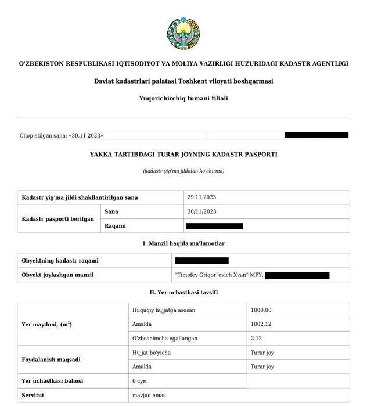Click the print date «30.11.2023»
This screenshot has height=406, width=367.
coord(86,135)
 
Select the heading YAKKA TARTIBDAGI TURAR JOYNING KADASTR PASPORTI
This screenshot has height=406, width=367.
coord(183,155)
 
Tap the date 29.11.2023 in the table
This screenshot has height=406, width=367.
coord(202,197)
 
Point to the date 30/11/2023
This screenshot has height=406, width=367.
coord(202,211)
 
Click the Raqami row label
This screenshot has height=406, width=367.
coord(115,225)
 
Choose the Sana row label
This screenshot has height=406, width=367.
coord(111,211)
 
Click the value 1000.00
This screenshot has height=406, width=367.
coord(261,310)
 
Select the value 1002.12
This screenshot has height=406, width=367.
coord(261,324)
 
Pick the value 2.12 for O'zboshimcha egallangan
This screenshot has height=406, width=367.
coord(257,339)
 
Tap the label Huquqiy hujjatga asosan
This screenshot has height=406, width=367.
coord(164,310)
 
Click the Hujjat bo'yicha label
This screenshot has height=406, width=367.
coord(152,353)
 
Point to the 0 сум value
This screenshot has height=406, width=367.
coord(142,381)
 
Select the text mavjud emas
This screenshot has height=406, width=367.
coord(149,396)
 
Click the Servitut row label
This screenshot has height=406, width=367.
coord(33,396)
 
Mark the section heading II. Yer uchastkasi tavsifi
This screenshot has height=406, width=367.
coord(183,292)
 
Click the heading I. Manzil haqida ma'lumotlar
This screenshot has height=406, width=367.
coord(183,243)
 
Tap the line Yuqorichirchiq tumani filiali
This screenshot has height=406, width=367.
coord(183,98)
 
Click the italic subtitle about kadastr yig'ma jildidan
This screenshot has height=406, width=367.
coord(183,171)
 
